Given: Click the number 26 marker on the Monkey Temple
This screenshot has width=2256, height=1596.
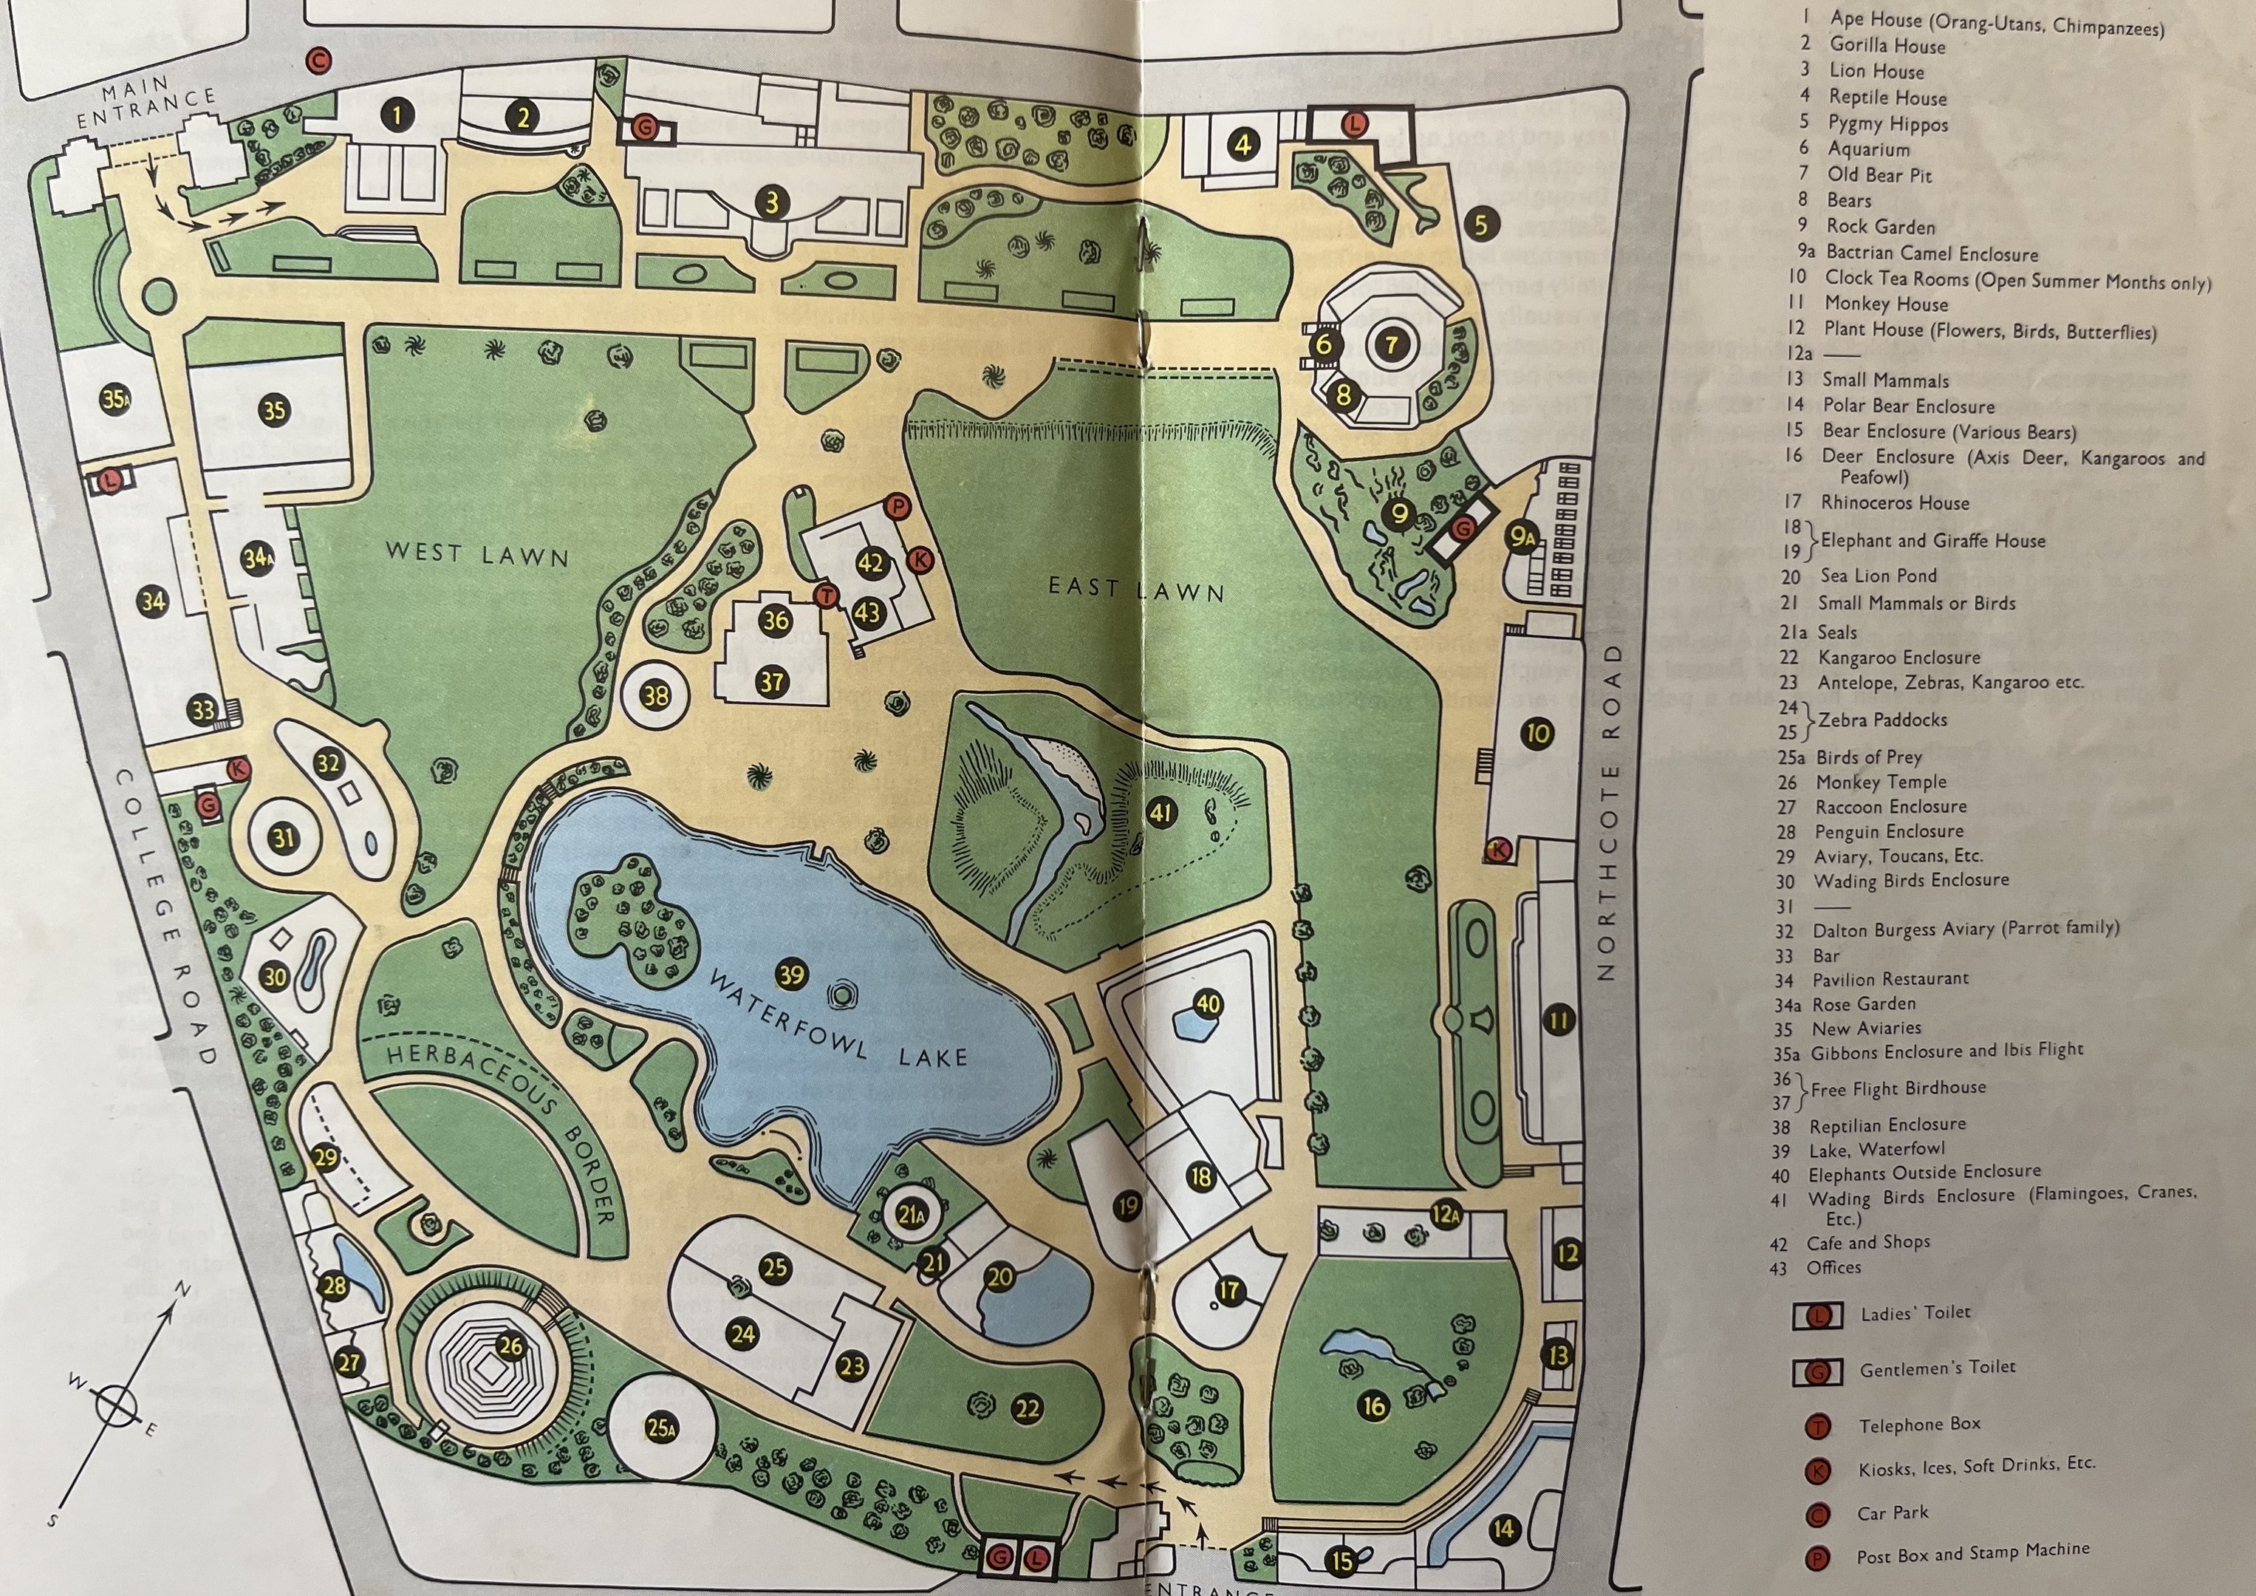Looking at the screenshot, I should point(510,1346).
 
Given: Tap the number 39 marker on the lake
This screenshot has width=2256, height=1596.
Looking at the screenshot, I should point(791,974).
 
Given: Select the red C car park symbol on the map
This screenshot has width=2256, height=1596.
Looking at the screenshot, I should point(318,61).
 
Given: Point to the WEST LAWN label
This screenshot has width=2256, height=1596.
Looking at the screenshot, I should point(477,553).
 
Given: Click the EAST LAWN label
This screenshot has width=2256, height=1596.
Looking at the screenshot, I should point(1136,590).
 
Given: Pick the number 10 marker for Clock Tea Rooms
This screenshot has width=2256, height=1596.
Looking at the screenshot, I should point(1538,733).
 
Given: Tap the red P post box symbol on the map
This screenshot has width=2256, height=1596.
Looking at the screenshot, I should point(897,507).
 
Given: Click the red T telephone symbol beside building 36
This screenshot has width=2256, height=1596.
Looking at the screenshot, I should point(825,595).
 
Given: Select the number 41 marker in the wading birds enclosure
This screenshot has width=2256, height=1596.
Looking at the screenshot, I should point(1161,813).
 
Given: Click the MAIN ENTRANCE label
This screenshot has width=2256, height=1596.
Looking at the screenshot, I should point(146,104).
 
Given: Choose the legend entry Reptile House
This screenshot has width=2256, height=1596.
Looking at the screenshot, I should point(1887,98).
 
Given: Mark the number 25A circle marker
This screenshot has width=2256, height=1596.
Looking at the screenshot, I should point(661,1428).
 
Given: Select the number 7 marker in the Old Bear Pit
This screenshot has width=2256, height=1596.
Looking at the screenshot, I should point(1391,344).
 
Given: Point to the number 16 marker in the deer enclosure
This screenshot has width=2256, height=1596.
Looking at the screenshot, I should point(1374,1406).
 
